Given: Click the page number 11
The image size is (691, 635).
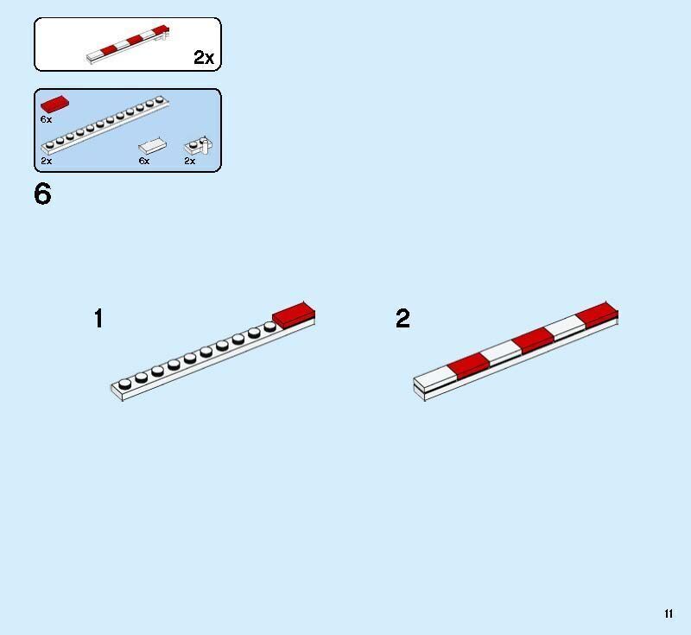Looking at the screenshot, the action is coord(669,613).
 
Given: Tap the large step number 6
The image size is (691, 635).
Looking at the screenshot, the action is coord(42,194).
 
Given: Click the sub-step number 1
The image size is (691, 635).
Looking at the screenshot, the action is coord(98,318).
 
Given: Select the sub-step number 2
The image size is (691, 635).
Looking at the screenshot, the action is coord(403,318).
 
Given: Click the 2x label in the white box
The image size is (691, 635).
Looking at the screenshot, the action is coord(204,57).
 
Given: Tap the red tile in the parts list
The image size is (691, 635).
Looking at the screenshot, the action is coord(54,104).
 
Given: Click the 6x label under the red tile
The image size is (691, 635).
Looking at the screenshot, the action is coord(46,119).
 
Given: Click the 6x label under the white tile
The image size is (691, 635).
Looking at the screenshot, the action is coord(144,161).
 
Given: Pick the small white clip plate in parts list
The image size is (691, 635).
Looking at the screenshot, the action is coord(199,145).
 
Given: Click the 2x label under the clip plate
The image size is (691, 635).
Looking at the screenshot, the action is coord(189,161).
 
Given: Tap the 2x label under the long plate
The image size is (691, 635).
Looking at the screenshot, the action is coord(47,161).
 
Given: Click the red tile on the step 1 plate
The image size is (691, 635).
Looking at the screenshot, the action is coord(294,314).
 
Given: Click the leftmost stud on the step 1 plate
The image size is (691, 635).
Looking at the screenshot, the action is coord(124,384).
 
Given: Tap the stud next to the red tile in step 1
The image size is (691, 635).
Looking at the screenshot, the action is coord(269,327).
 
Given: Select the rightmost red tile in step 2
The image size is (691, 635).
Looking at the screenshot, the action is coord(597,315).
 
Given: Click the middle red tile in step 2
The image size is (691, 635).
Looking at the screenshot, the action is coord(533,340).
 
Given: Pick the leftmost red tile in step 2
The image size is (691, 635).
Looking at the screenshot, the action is coord(468,366).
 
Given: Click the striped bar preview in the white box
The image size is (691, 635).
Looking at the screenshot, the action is coord(128,44).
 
